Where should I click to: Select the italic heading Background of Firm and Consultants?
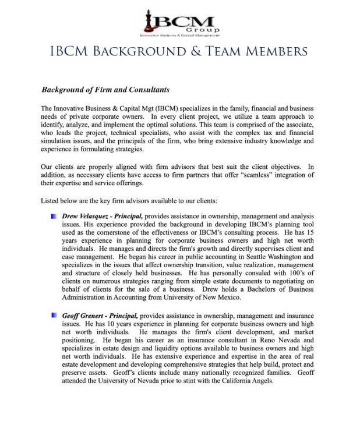(105, 90)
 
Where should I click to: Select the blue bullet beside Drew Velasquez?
(53, 216)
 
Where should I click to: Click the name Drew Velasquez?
(86, 216)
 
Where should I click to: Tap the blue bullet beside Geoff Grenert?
(53, 315)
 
